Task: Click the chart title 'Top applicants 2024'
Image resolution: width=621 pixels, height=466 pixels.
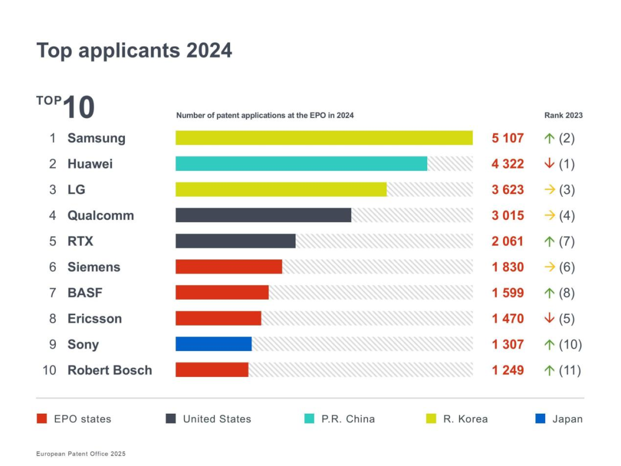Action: (x=134, y=51)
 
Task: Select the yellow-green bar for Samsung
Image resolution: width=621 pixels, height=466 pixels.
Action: (x=324, y=138)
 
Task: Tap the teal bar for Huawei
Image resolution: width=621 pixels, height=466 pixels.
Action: (x=301, y=164)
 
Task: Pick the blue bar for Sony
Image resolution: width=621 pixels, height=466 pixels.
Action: (x=213, y=344)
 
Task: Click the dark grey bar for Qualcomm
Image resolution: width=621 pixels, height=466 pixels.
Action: (x=263, y=215)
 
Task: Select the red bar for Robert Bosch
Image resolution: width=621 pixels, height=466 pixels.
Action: (x=212, y=370)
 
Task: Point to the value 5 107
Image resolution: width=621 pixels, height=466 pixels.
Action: (x=507, y=138)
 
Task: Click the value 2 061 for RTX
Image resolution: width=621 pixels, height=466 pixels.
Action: (x=507, y=241)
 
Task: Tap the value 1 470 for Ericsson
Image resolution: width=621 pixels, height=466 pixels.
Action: (x=507, y=319)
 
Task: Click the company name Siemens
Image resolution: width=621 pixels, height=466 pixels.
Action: (x=94, y=267)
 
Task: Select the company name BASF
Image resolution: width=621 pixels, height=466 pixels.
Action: (x=85, y=293)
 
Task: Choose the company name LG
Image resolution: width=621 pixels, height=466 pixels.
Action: (x=76, y=189)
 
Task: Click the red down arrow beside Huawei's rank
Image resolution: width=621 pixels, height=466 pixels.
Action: (x=549, y=164)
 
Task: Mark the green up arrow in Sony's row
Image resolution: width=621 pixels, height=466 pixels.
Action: (x=549, y=344)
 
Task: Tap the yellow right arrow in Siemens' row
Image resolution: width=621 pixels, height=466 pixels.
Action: (x=550, y=267)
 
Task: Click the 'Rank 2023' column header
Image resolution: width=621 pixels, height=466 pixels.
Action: (x=563, y=115)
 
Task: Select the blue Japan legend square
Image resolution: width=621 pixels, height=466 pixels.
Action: (x=540, y=419)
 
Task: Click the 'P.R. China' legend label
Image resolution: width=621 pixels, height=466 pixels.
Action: (x=348, y=419)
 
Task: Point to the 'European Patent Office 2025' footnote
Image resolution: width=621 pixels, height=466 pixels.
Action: (x=80, y=454)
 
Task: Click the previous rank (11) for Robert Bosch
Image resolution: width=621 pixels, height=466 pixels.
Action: (x=570, y=370)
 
